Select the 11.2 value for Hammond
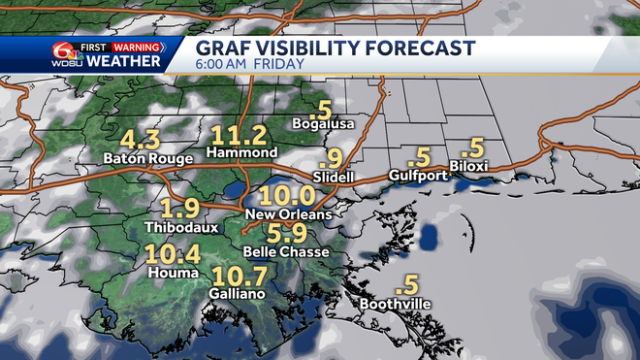pyautogui.click(x=239, y=135)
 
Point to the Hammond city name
pyautogui.click(x=240, y=153)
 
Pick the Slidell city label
pyautogui.click(x=335, y=177)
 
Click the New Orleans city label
pyautogui.click(x=289, y=213)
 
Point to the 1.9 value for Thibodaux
pyautogui.click(x=179, y=209)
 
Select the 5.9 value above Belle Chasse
pyautogui.click(x=286, y=234)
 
